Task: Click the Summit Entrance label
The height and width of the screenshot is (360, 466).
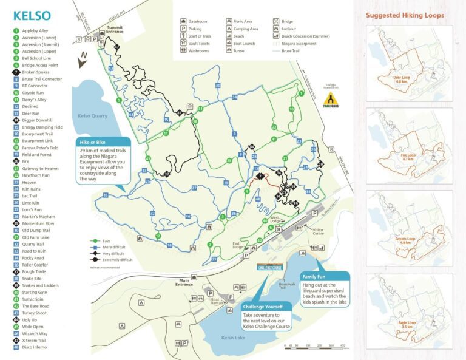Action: pos(115,30)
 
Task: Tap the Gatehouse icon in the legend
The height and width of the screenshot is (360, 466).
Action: pos(183,21)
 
